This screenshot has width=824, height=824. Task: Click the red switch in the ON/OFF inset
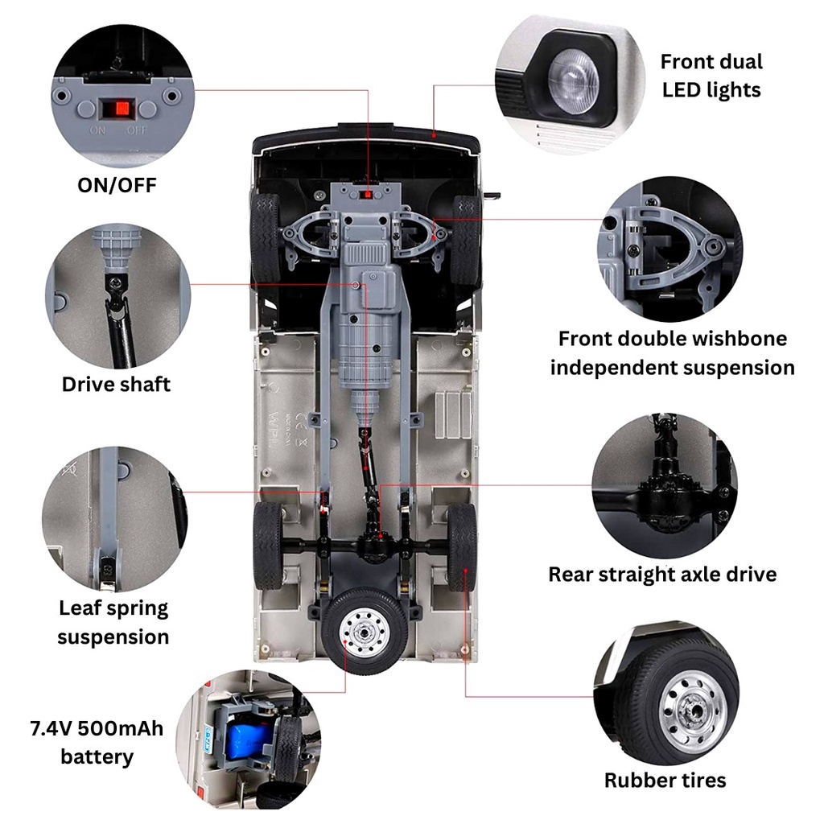pos(122,109)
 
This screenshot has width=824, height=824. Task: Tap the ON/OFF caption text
pos(117,185)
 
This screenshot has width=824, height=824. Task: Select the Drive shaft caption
pos(116,384)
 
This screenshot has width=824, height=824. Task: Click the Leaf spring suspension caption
pos(113,622)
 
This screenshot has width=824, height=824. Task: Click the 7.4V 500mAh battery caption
pos(97,743)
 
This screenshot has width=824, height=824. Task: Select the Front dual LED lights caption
pos(711,76)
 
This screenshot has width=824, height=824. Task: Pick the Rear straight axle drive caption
pos(663,575)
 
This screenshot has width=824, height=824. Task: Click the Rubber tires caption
pos(665,781)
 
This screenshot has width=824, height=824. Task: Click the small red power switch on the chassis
pos(367,195)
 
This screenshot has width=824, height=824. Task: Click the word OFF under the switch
pos(135,130)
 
